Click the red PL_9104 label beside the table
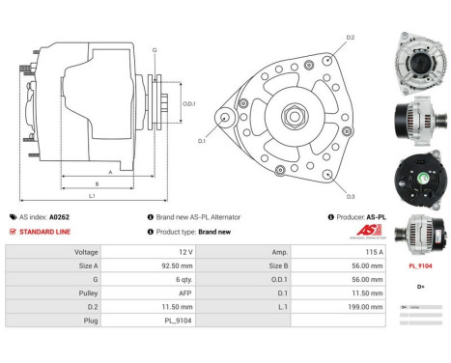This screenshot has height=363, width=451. click(420, 265)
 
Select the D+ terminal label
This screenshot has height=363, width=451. click(420, 287)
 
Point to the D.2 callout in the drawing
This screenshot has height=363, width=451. click(351, 37)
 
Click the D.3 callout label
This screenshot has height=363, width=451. click(351, 196)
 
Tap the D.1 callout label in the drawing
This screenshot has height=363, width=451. click(203, 141)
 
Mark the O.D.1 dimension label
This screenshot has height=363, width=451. click(189, 103)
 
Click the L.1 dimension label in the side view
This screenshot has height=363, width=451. click(92, 196)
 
